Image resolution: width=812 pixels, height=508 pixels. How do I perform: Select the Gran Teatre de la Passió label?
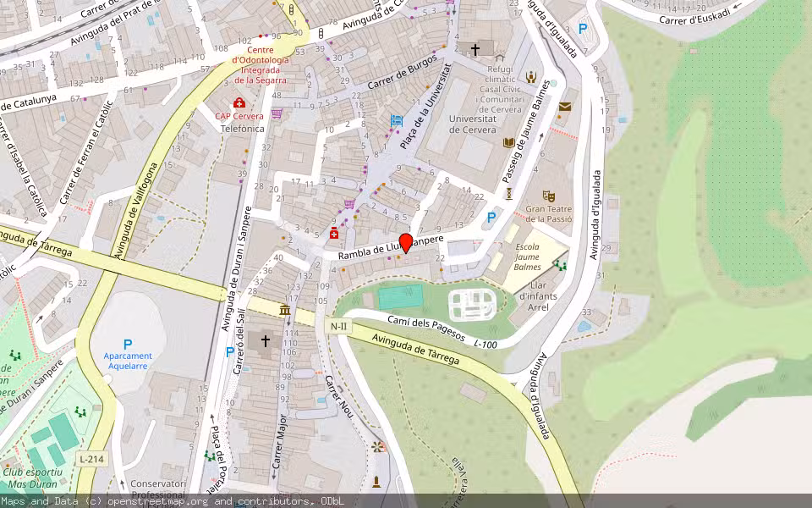click(549, 213)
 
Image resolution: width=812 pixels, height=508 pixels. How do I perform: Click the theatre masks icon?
click(548, 196)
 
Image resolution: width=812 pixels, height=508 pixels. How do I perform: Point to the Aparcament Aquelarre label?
click(128, 361)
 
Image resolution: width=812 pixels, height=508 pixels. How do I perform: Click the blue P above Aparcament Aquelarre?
click(128, 345)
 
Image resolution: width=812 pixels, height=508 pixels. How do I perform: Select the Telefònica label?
click(243, 129)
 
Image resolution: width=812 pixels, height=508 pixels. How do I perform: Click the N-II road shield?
click(338, 327)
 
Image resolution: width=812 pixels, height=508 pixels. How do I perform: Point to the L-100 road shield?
click(485, 344)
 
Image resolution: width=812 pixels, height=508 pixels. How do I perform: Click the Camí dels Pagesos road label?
click(426, 329)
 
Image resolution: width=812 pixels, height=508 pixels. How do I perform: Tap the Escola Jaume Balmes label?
click(528, 257)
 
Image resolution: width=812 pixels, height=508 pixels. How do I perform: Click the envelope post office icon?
click(564, 107)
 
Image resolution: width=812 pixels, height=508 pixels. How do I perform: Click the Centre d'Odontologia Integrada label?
click(262, 65)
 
